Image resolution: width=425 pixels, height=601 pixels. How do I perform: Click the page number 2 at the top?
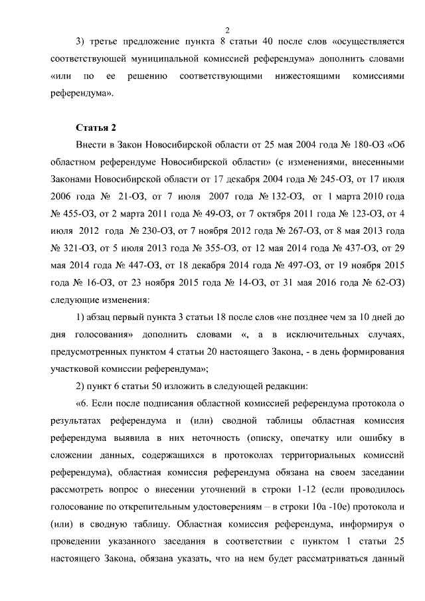227,29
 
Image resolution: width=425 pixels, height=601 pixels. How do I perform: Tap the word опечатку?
315,438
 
